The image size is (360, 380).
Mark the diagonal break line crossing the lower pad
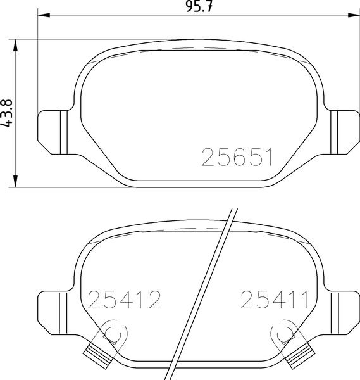(x=202, y=291)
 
